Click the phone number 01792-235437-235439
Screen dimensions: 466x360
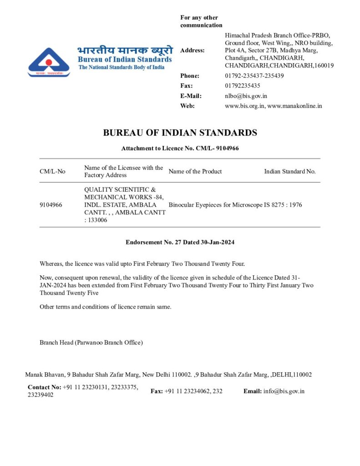coord(254,76)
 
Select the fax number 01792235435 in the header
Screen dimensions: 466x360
coord(243,86)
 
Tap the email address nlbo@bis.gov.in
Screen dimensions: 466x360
coord(246,96)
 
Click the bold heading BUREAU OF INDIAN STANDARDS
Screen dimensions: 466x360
coord(180,133)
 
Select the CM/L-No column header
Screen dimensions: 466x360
coord(52,172)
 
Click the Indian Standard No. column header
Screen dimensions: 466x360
coord(290,172)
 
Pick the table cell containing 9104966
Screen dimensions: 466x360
coord(51,205)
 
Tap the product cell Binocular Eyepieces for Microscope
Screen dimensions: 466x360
coord(215,205)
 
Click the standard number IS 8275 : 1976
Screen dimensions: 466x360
coord(283,205)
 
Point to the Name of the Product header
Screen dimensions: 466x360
coord(195,172)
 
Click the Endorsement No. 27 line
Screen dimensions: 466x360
coord(180,242)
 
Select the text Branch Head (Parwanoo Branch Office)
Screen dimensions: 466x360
coord(91,342)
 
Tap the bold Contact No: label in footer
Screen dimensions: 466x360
coord(44,387)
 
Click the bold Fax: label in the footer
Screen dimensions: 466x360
coord(157,391)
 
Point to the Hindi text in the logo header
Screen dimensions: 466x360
coord(125,50)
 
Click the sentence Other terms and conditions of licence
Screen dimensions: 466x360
coord(106,306)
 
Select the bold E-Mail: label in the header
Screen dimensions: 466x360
coord(191,96)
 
